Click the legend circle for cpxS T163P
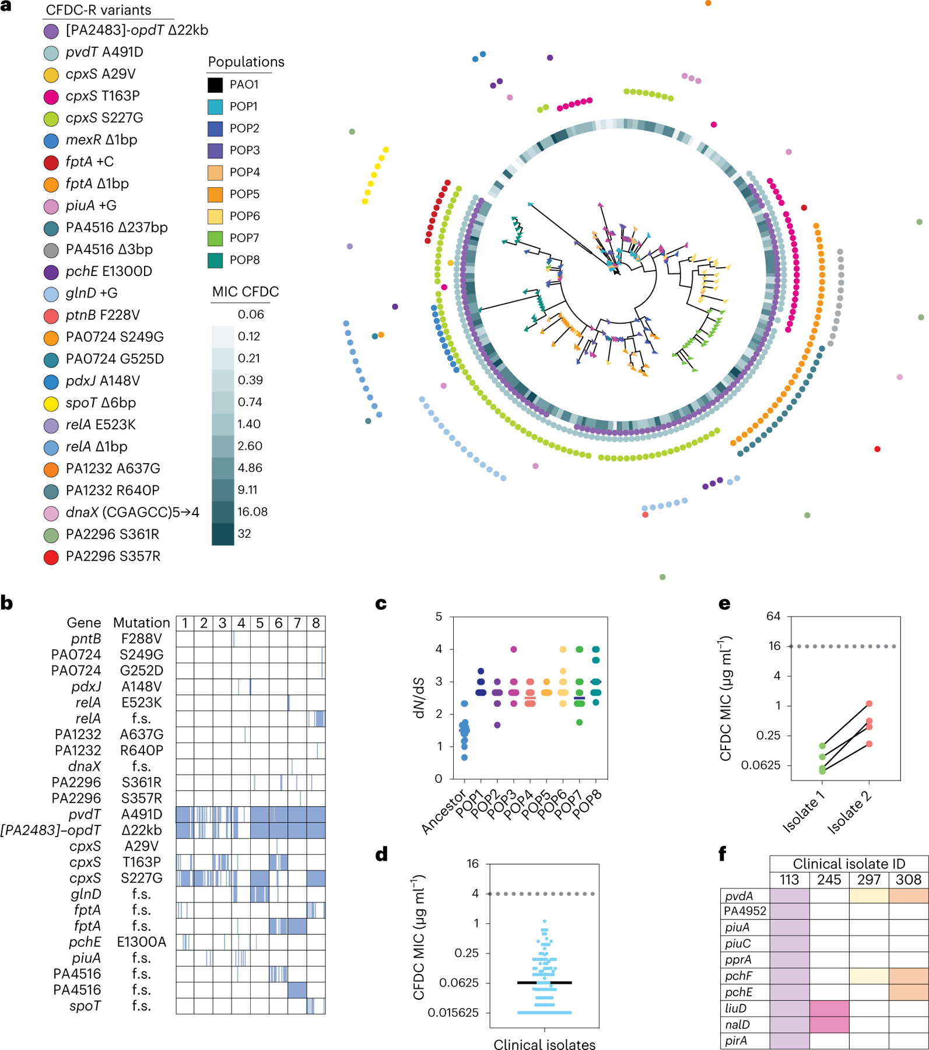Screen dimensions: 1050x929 tap(51, 96)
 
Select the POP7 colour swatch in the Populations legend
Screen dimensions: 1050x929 tap(215, 238)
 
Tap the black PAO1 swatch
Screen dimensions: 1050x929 tap(215, 85)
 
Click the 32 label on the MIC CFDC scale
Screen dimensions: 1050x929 tap(244, 534)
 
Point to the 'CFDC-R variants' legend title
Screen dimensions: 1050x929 tap(99, 10)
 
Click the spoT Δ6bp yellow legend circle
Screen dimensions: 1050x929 tap(51, 403)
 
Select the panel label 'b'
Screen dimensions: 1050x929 tap(7, 603)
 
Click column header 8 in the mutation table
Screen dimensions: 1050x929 tap(315, 624)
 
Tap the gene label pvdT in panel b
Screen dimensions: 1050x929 tap(85, 814)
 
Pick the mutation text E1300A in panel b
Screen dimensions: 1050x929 tap(142, 942)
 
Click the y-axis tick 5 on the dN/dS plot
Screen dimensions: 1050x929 tap(439, 617)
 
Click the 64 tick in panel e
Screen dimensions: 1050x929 tap(773, 617)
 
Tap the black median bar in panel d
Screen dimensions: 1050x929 tap(545, 983)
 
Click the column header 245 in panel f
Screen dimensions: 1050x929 tap(829, 880)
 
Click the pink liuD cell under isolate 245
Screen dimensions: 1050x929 tap(829, 1008)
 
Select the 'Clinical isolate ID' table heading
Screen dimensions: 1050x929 tap(849, 864)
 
